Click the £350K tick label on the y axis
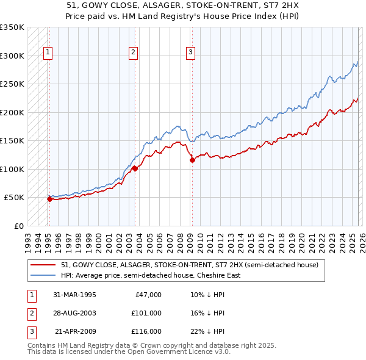(12, 27)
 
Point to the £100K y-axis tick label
(12, 169)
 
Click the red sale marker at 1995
(49, 199)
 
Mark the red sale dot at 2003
(135, 169)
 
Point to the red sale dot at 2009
(192, 160)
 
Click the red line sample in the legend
(44, 265)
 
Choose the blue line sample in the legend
(44, 275)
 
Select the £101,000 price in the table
(146, 313)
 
